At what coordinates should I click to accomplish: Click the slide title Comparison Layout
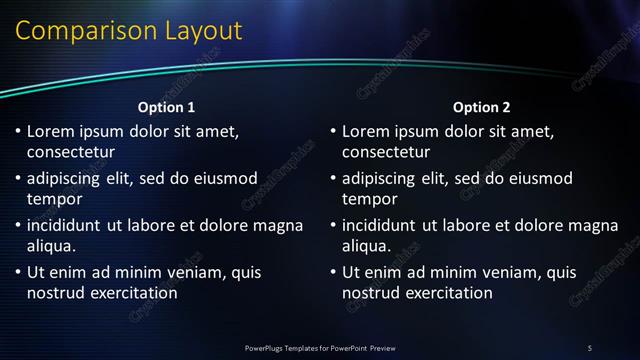tap(128, 31)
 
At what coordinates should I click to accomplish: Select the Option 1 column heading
tap(166, 107)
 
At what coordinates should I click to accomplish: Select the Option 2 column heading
tap(482, 107)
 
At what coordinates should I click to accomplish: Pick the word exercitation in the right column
tap(447, 293)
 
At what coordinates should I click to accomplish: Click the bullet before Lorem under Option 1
tap(17, 131)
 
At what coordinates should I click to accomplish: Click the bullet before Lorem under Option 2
tap(332, 131)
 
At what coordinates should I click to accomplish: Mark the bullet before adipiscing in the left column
tap(17, 178)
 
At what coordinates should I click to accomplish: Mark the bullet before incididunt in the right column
tap(332, 225)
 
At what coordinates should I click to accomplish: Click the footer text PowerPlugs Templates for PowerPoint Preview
tap(320, 347)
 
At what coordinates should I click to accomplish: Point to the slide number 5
tap(589, 347)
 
